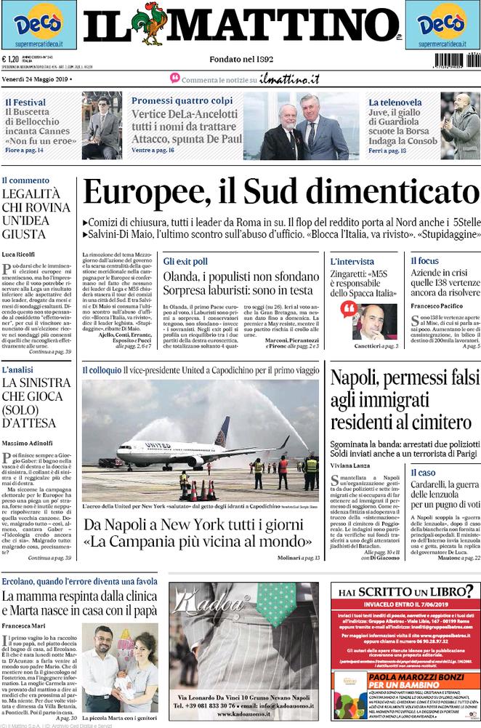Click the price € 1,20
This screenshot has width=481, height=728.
pyautogui.click(x=10, y=60)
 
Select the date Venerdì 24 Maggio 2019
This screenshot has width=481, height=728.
pyautogui.click(x=37, y=78)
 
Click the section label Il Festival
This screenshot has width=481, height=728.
pyautogui.click(x=25, y=103)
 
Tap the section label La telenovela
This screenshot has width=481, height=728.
pyautogui.click(x=395, y=103)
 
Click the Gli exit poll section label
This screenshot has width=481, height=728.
pyautogui.click(x=185, y=260)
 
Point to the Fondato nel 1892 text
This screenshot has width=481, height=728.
pyautogui.click(x=240, y=59)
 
